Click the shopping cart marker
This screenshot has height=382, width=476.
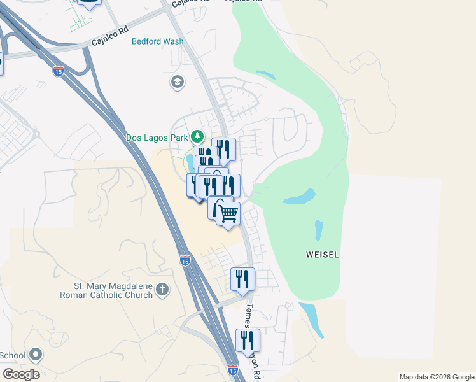pos(228,213)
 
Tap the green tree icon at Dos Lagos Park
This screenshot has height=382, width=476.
pos(197,136)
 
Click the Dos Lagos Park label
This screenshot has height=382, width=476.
pos(157,137)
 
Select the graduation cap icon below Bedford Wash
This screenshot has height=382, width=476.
pos(176,81)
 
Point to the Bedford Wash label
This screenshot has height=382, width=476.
pos(157,42)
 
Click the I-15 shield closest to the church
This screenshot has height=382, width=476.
pos(185,260)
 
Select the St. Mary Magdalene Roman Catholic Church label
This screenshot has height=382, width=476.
pos(106,290)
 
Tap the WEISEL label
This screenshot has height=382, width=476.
pos(322,255)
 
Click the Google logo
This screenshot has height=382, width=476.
pos(21,374)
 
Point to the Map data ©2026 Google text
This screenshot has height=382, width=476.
pos(435,377)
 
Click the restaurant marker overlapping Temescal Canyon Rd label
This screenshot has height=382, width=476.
pos(248,340)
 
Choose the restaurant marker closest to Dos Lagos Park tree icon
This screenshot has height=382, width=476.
pos(223,149)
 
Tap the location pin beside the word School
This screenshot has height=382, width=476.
pos(36,355)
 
